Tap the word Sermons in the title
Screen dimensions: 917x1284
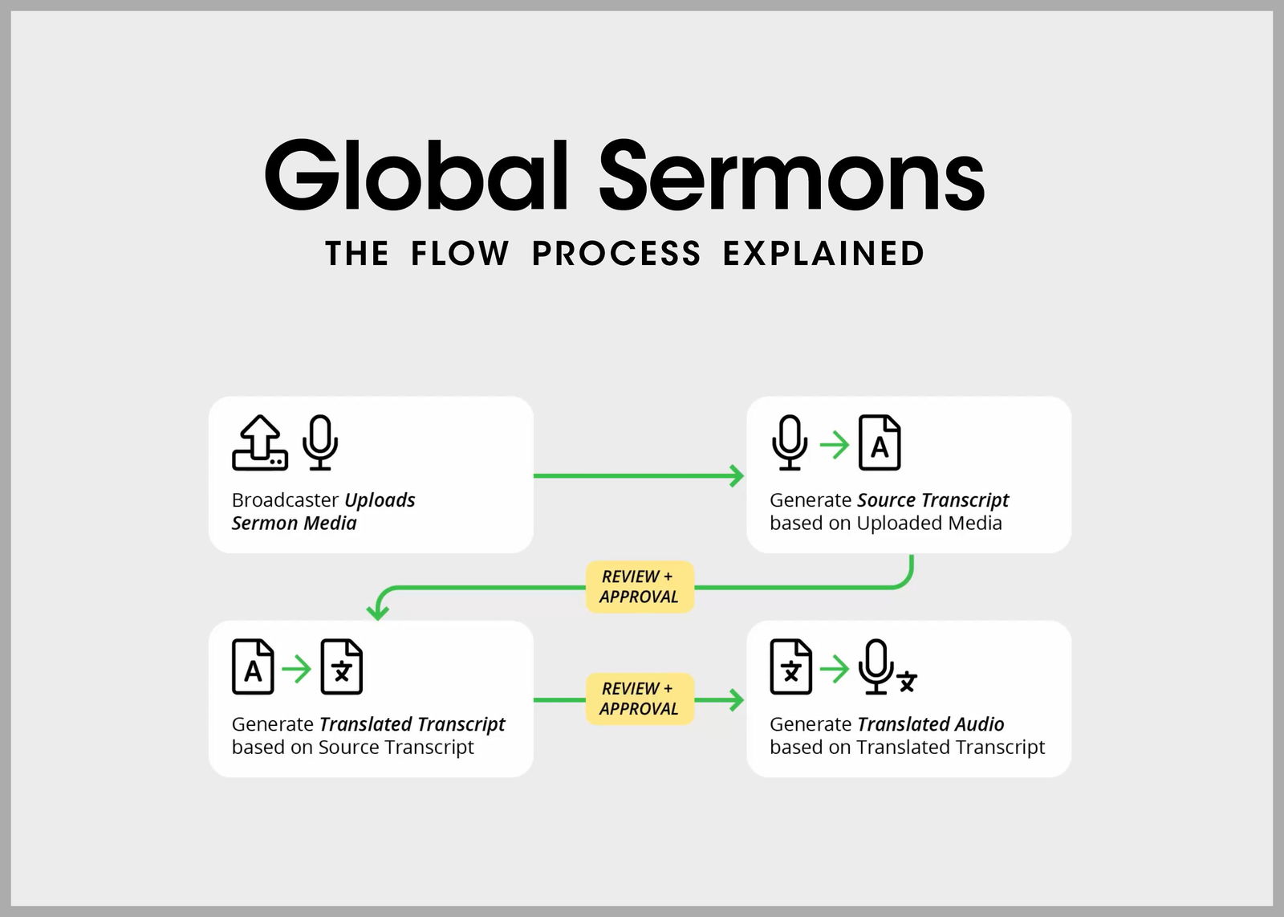click(791, 175)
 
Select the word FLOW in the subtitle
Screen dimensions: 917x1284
click(460, 254)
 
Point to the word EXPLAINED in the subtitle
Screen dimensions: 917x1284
click(823, 254)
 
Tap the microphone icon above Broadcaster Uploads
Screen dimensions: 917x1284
click(320, 442)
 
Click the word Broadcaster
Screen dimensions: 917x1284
click(285, 500)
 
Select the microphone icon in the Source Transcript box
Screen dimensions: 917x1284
click(790, 442)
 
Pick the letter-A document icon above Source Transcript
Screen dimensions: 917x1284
click(880, 442)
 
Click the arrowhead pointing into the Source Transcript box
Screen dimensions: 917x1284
click(737, 475)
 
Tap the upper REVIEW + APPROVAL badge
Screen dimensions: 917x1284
click(640, 587)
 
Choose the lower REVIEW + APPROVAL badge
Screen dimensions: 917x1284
click(640, 699)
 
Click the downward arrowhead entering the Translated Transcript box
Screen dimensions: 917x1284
click(377, 612)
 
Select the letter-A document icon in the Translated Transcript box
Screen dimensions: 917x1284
click(253, 666)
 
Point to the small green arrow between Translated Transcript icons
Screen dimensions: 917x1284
click(297, 668)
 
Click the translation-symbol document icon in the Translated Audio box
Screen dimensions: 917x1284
click(790, 666)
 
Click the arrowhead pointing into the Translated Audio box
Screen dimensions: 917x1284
click(737, 699)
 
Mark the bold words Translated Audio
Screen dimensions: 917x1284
click(930, 724)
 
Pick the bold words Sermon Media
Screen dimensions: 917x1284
click(294, 524)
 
